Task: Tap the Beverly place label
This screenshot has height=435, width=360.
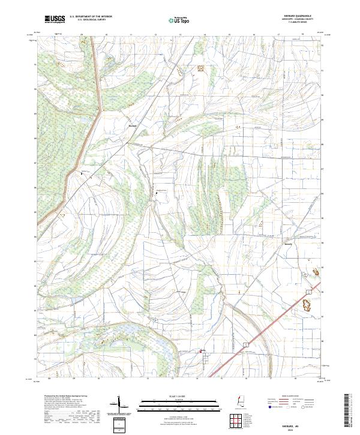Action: (x=288, y=245)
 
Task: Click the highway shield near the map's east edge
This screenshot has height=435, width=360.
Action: (x=308, y=290)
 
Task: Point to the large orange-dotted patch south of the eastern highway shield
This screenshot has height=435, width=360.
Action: (x=310, y=304)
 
